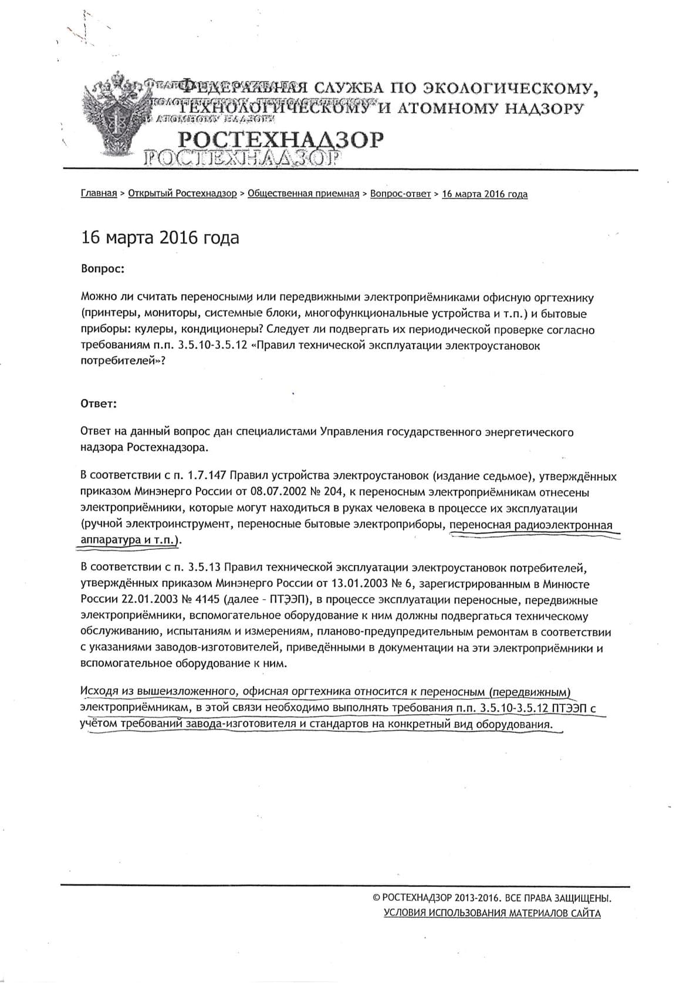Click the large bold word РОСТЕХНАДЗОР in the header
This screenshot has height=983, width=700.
click(x=280, y=140)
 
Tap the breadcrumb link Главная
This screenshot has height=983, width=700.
click(x=99, y=194)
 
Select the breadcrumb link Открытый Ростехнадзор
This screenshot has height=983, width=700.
click(x=182, y=194)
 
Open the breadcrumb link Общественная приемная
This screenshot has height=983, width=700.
click(x=303, y=194)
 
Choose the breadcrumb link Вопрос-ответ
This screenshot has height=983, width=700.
click(x=400, y=194)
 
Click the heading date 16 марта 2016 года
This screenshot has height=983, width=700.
click(x=160, y=238)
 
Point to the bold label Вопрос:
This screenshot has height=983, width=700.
click(x=102, y=269)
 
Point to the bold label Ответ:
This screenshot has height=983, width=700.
click(x=99, y=404)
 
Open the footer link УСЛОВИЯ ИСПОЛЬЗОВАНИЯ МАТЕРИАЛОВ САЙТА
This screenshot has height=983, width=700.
click(x=492, y=913)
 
